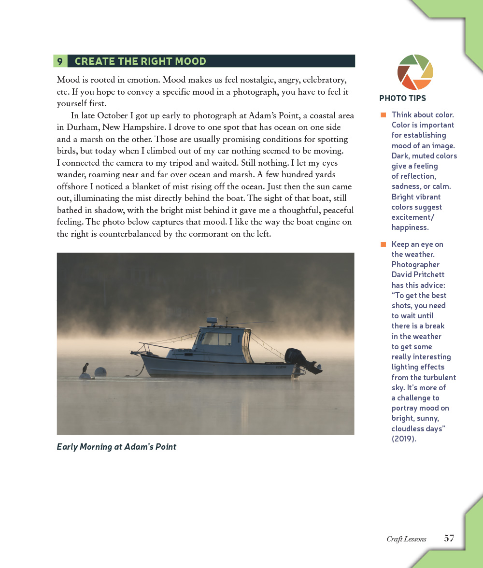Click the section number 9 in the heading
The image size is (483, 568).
[x=60, y=61]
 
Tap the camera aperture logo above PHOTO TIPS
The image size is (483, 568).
[x=415, y=72]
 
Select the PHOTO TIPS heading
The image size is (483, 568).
[x=402, y=98]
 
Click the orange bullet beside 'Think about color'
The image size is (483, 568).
[x=384, y=115]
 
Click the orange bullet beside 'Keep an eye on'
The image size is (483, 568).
[x=384, y=244]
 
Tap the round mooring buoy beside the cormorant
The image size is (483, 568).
[x=100, y=372]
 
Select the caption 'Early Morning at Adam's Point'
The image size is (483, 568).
[x=116, y=447]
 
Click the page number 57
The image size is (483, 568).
[x=449, y=538]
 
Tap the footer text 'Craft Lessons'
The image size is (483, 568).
[x=406, y=539]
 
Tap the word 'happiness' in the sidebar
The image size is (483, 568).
[x=410, y=227]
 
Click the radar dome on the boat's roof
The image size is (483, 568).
[x=212, y=320]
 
